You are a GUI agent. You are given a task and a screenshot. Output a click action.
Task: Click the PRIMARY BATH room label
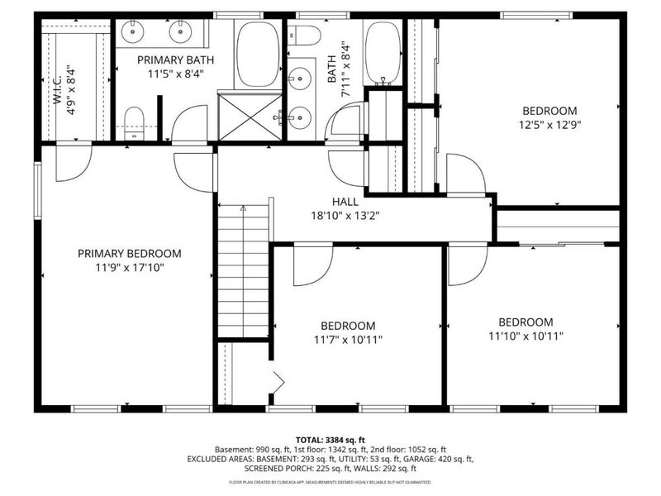tap(169, 60)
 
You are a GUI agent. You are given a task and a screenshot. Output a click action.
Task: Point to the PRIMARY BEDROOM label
tap(129, 253)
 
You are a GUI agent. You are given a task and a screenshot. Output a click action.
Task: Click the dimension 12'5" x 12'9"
tap(549, 125)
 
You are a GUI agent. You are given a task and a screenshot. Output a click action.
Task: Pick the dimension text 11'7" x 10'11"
tap(347, 339)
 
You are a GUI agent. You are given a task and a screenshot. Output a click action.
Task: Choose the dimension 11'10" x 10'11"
tap(525, 336)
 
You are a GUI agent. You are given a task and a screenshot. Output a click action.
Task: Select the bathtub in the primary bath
tap(258, 54)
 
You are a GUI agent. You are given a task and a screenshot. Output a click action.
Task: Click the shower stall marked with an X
tap(250, 116)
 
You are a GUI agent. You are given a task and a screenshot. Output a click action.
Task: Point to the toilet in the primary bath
tap(134, 122)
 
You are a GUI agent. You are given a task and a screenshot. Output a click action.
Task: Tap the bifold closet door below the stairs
tap(278, 382)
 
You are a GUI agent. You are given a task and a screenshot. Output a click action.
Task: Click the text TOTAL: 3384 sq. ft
tap(330, 439)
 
